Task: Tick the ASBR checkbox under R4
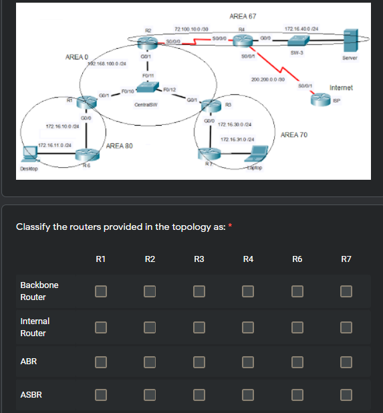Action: point(248,395)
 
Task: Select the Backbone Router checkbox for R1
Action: point(101,291)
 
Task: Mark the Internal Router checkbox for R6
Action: point(297,327)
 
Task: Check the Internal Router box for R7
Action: point(346,327)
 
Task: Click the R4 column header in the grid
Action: point(248,259)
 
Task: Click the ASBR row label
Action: point(31,395)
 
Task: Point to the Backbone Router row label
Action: point(39,291)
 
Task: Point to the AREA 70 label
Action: point(294,135)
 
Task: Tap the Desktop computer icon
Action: point(30,156)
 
